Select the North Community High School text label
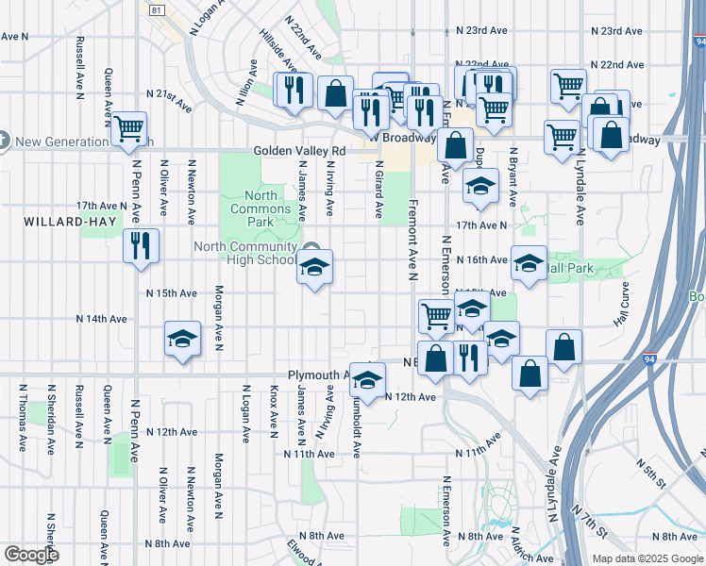click(244, 253)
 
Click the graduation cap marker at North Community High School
click(315, 267)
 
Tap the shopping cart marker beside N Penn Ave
click(128, 127)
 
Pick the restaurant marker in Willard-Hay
click(141, 246)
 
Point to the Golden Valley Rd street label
click(299, 151)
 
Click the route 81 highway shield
click(158, 9)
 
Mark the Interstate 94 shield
click(649, 358)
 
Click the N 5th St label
click(650, 469)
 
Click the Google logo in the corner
click(32, 555)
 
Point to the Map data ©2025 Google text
click(647, 558)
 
